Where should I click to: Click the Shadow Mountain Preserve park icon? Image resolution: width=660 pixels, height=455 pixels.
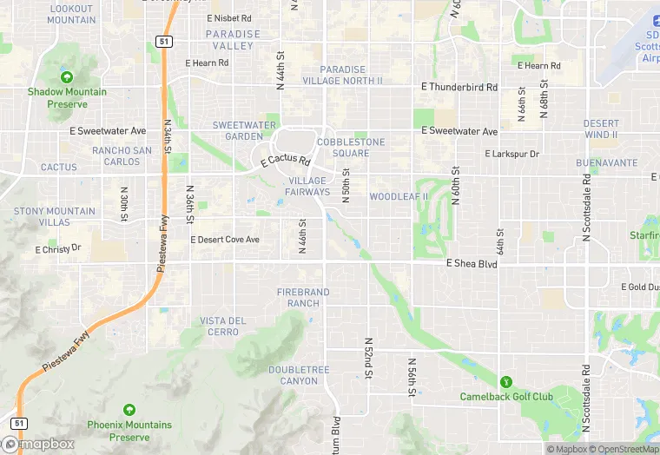[x=67, y=78]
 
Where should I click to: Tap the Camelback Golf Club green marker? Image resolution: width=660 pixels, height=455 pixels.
[x=505, y=382]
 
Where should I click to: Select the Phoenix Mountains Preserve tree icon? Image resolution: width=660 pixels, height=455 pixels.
[x=129, y=410]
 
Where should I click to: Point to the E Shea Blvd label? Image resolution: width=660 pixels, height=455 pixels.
[x=472, y=263]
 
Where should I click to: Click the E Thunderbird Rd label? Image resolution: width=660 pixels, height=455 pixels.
[x=459, y=87]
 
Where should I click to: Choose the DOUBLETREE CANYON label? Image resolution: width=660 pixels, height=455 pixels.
[x=299, y=375]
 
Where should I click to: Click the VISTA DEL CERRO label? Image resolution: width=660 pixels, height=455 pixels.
[x=223, y=326]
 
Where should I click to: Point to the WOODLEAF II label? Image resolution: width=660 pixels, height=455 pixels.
[x=399, y=197]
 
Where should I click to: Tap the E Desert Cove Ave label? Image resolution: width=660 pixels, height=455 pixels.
[x=225, y=240]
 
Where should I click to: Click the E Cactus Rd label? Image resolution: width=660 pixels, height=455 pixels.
[x=285, y=161]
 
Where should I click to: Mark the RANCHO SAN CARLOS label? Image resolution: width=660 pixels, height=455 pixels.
[x=122, y=155]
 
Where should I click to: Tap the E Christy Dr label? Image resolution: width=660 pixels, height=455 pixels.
[x=57, y=248]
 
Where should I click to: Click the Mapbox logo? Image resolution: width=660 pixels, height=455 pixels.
[x=38, y=444]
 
